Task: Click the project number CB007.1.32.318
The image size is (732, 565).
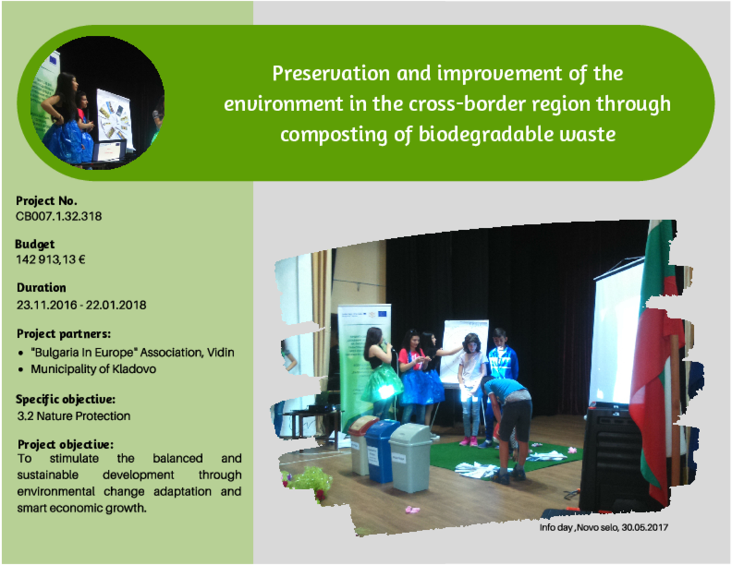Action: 59,216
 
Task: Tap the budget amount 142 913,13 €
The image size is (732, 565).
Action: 51,260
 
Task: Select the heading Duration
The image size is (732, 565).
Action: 41,288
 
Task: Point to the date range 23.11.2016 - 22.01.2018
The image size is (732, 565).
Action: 82,305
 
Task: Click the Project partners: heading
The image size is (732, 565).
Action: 64,334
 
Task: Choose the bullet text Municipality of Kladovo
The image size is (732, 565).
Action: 93,369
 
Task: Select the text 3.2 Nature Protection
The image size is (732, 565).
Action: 74,416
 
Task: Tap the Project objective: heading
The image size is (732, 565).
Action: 65,444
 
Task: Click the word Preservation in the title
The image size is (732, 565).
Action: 331,74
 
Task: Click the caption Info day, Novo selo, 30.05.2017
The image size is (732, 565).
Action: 604,528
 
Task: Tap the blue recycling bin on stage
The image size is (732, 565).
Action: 381,451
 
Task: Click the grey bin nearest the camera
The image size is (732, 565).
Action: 411,458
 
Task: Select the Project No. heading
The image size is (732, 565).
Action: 47,201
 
